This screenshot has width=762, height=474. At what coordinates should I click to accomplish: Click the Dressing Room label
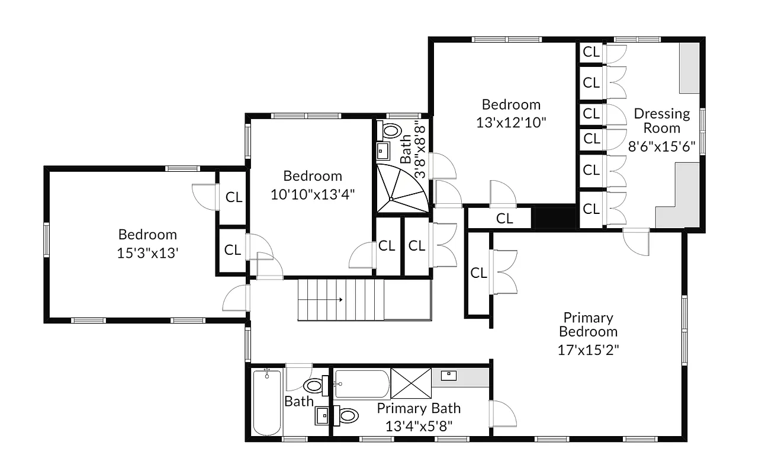click(x=662, y=120)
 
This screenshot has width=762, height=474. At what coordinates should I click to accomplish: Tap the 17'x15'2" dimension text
click(x=589, y=350)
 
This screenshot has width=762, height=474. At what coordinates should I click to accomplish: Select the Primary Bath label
click(x=419, y=408)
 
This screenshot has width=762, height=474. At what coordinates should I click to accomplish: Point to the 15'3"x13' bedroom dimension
click(x=147, y=252)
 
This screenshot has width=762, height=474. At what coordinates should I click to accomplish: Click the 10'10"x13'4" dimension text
click(x=313, y=194)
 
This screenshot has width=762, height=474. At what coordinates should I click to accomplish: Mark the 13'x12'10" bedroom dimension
click(x=511, y=123)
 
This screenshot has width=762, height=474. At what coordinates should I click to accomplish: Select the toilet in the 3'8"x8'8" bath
click(x=391, y=130)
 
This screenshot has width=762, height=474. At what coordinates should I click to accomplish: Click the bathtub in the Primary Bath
click(x=362, y=384)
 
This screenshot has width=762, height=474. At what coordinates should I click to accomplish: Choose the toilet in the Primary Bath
click(x=348, y=416)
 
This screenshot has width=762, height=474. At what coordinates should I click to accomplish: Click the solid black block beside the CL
click(x=555, y=217)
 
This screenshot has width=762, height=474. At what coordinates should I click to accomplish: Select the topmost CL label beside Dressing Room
click(x=591, y=52)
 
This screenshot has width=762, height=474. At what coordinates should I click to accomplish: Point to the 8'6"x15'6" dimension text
click(x=661, y=145)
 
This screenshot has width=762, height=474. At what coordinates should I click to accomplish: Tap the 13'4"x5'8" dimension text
click(x=419, y=425)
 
